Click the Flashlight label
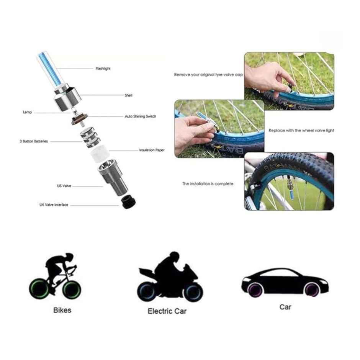click(x=103, y=69)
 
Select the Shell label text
click(x=129, y=95)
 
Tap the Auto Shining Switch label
click(x=141, y=116)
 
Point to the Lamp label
click(x=27, y=112)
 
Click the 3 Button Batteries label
click(x=34, y=141)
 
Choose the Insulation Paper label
click(x=152, y=151)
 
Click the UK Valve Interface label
click(x=54, y=205)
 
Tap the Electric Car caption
click(x=167, y=311)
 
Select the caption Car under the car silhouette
click(x=285, y=307)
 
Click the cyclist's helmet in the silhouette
click(x=68, y=257)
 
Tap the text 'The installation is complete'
click(x=208, y=184)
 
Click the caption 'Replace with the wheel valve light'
click(x=301, y=131)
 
